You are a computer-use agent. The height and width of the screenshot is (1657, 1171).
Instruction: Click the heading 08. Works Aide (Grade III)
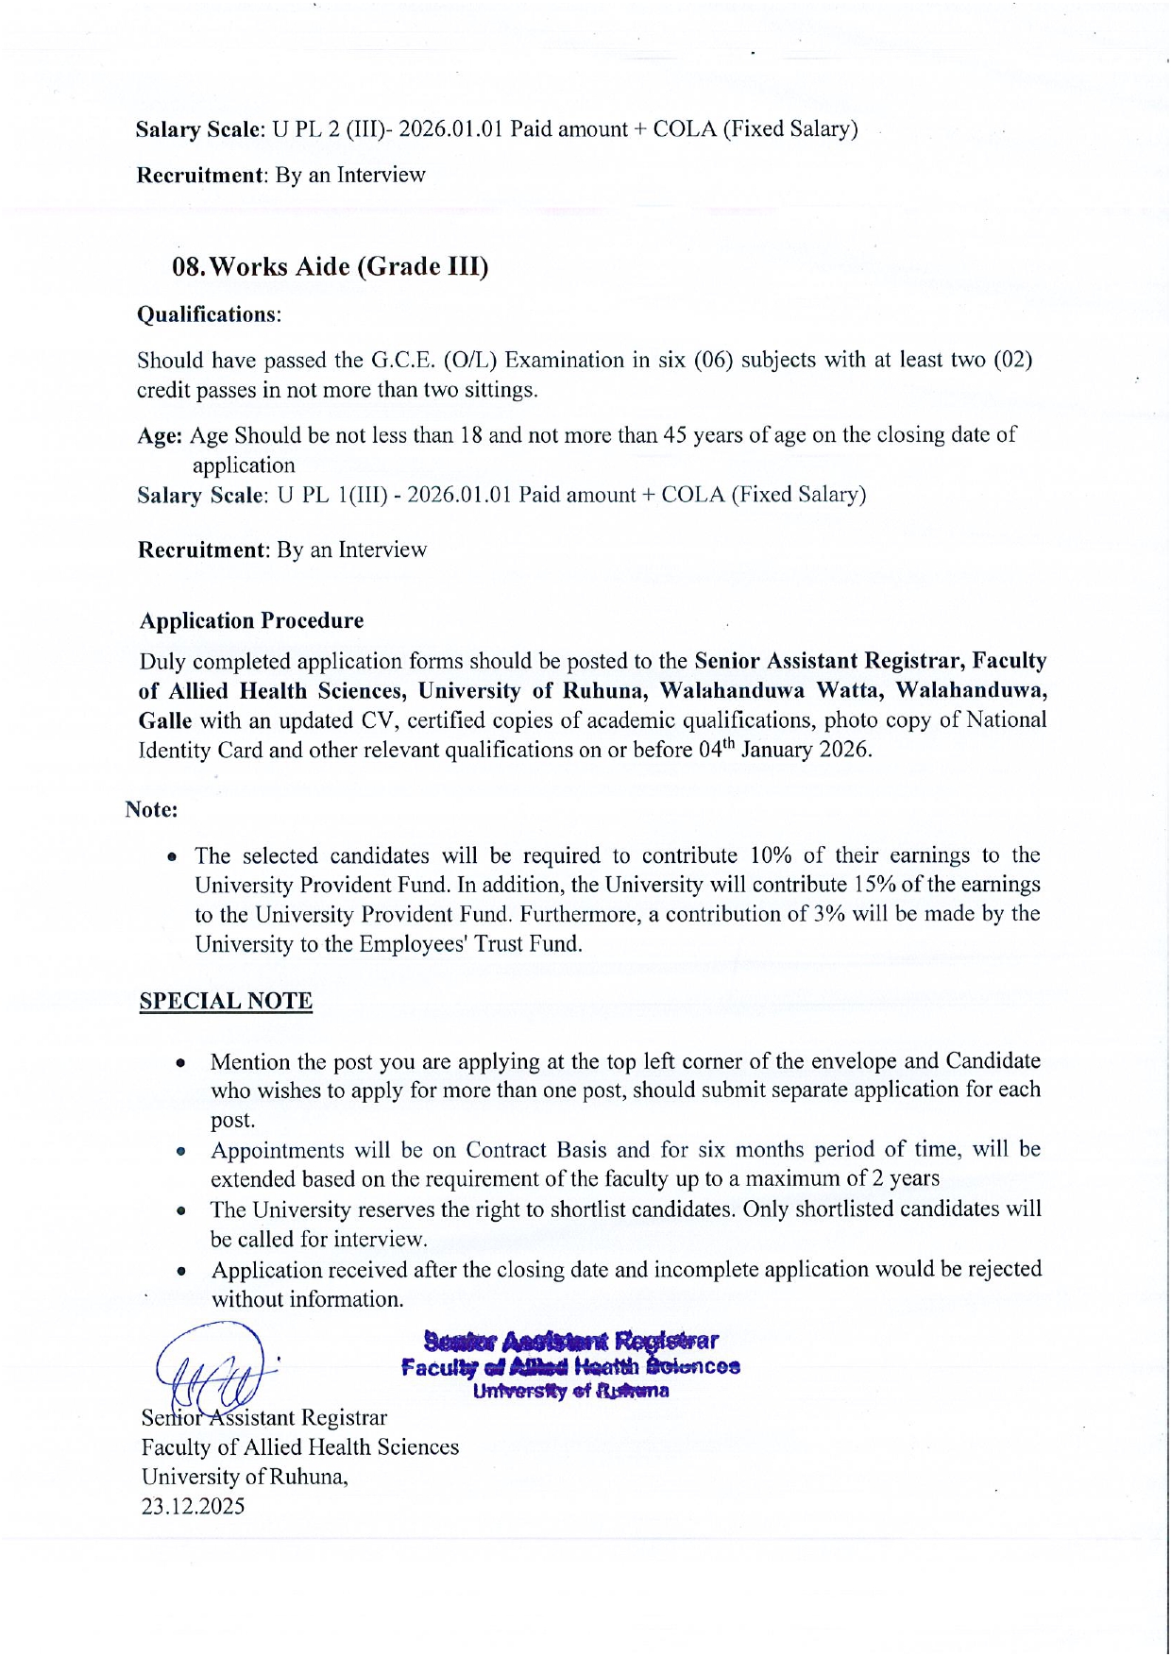330,266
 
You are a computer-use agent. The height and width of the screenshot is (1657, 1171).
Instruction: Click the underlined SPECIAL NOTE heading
226,1001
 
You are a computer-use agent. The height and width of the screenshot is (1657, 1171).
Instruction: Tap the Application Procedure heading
251,620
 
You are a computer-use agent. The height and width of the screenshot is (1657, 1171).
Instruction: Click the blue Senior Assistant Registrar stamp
570,1365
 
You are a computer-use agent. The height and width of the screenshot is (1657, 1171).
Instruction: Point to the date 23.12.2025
193,1506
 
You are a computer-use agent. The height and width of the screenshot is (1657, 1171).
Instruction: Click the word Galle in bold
165,720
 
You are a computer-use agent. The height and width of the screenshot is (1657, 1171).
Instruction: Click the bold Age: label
160,435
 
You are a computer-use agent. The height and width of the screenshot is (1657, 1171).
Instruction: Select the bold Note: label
151,809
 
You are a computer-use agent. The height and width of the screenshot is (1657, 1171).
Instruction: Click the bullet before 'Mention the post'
179,1062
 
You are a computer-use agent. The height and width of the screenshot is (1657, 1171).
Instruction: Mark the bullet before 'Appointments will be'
179,1151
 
